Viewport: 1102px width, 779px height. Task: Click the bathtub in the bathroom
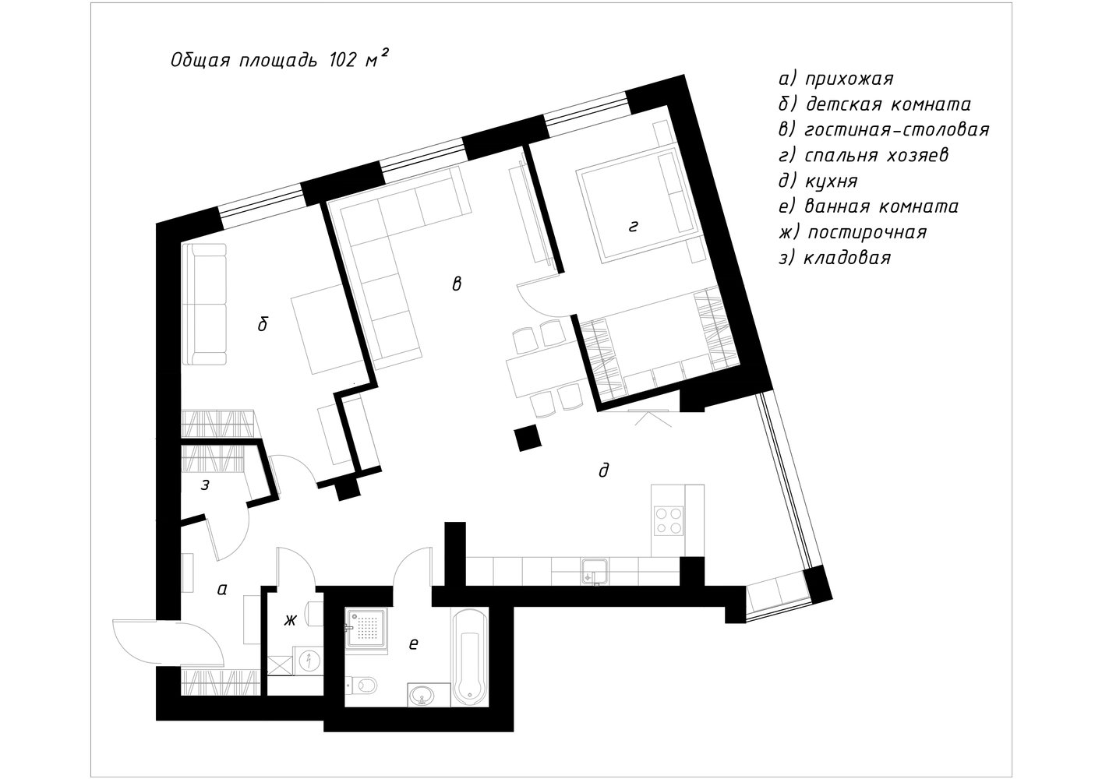(470, 657)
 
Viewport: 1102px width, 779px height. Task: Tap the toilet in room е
(362, 684)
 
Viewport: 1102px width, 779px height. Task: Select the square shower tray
(366, 629)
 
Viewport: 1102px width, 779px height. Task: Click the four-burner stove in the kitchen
(669, 521)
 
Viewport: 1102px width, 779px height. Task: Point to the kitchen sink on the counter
(595, 572)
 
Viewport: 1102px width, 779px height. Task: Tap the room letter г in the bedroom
(634, 226)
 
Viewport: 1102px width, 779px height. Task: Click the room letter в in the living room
(457, 284)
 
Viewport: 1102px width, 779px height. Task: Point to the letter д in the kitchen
(604, 471)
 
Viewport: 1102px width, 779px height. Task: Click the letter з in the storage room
(205, 485)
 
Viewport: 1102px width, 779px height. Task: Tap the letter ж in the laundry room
(290, 621)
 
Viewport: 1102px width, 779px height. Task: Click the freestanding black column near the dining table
(528, 438)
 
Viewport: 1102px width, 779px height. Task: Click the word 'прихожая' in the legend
(849, 79)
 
